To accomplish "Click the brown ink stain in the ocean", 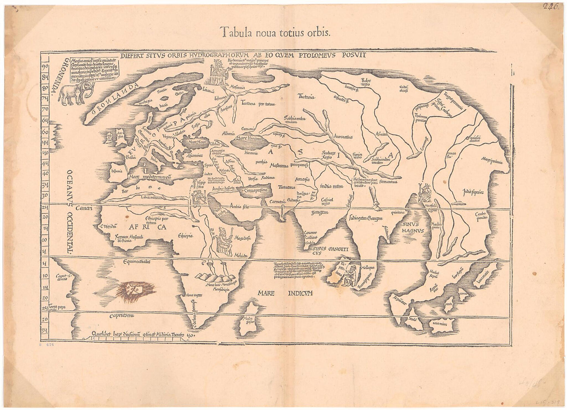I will click(130, 292).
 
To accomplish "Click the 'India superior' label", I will click(472, 192).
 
